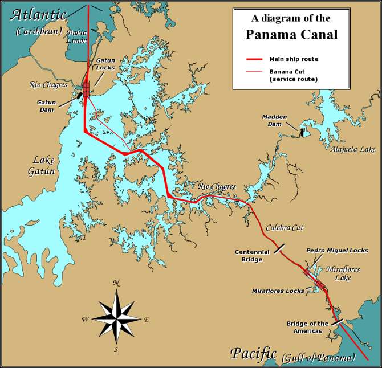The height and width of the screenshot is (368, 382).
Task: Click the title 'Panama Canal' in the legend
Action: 291,34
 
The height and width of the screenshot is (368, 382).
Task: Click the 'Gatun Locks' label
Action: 105,63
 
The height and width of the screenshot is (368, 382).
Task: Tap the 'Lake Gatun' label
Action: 43,165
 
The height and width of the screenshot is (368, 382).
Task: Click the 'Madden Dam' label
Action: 274,120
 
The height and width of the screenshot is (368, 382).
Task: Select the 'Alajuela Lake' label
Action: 353,149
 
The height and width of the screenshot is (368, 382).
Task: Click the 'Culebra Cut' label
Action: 285,227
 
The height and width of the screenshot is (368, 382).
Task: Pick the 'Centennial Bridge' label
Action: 249,256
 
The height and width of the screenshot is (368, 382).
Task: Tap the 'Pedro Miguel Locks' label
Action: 337,250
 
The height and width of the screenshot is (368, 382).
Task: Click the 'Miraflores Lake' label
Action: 343,273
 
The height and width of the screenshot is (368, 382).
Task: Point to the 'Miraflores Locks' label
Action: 278,291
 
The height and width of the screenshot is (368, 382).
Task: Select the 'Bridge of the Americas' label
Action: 307,328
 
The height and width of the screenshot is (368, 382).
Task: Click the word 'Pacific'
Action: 253,353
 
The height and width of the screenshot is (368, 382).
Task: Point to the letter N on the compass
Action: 116,283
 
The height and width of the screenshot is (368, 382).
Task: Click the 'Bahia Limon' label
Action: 77,36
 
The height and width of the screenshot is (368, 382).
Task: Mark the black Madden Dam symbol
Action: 302,133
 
